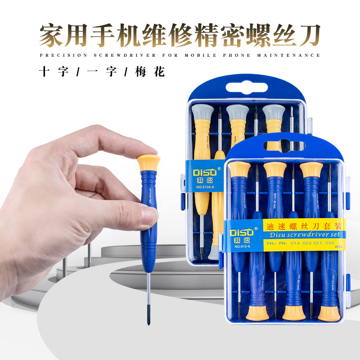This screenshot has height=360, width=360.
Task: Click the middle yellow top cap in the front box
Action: [275, 170]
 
